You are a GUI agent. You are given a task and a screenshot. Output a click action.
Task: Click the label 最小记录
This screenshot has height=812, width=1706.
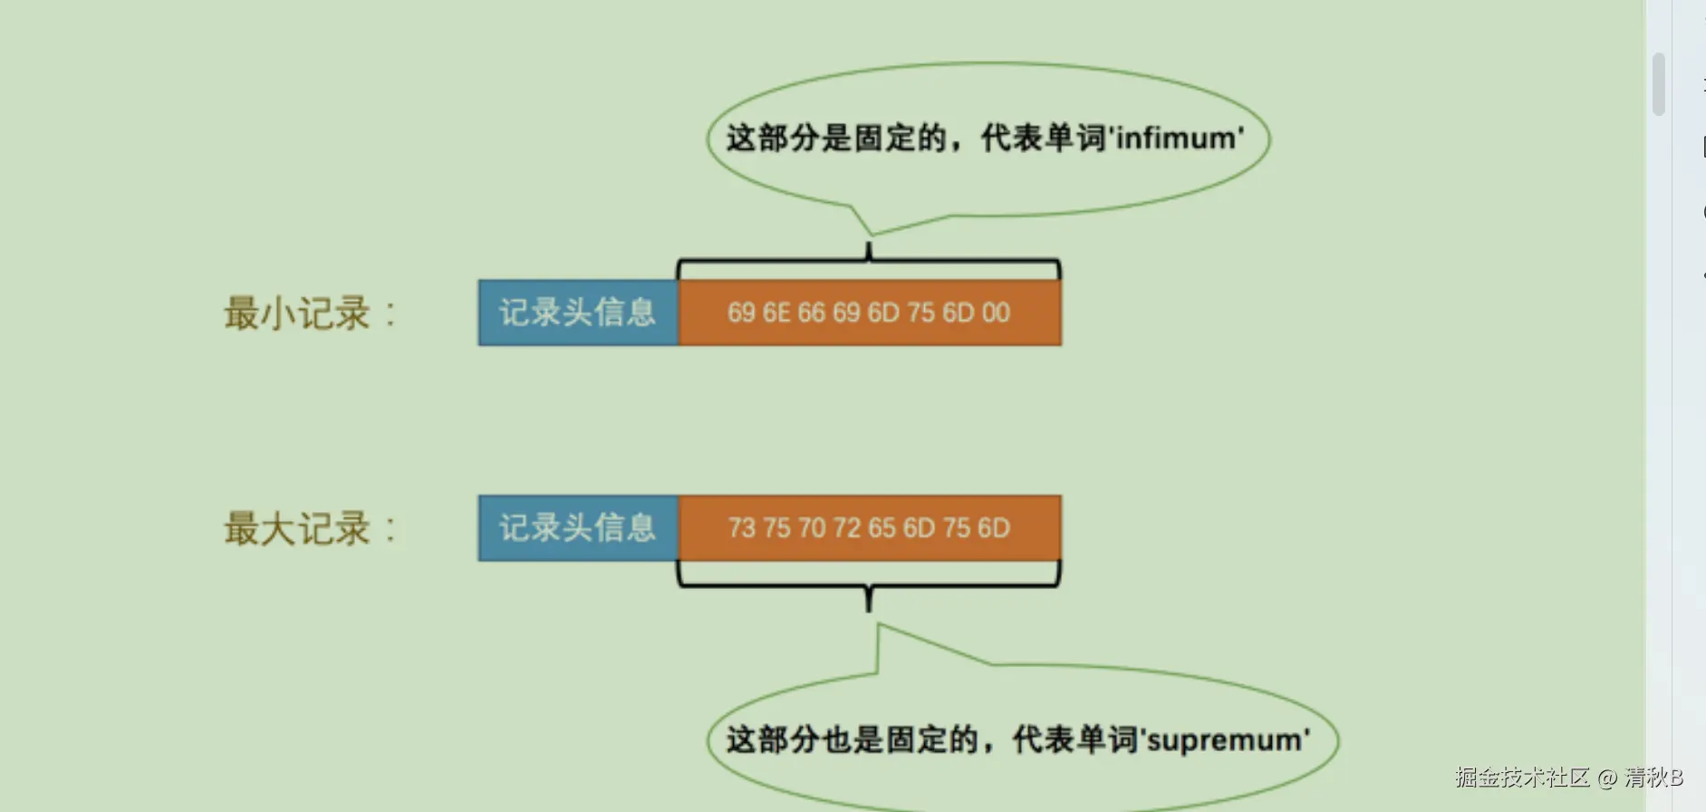pyautogui.click(x=297, y=314)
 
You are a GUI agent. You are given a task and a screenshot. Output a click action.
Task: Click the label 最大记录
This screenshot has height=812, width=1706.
pyautogui.click(x=297, y=528)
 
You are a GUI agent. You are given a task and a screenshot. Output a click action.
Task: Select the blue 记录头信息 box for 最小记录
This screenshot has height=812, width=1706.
pyautogui.click(x=577, y=313)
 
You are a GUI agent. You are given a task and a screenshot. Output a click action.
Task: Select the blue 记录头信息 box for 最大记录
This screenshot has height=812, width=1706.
pyautogui.click(x=577, y=527)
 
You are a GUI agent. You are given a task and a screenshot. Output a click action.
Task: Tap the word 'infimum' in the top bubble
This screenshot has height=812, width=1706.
pyautogui.click(x=1178, y=139)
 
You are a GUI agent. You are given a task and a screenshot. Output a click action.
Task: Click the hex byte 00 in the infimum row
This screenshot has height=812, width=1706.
pyautogui.click(x=996, y=313)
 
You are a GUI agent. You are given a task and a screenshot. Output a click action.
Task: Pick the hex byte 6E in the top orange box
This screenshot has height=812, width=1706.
pyautogui.click(x=776, y=313)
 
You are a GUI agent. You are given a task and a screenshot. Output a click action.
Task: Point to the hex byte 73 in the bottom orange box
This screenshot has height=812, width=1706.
pyautogui.click(x=741, y=527)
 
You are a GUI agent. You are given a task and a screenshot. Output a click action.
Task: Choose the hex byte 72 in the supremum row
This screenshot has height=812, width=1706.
pyautogui.click(x=847, y=527)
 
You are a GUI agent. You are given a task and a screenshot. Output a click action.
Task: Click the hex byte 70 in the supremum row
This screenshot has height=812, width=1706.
pyautogui.click(x=812, y=527)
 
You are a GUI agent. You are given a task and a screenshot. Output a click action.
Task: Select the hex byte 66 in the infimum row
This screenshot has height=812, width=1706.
pyautogui.click(x=812, y=313)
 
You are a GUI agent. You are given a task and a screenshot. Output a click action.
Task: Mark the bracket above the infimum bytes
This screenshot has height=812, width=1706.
pyautogui.click(x=868, y=263)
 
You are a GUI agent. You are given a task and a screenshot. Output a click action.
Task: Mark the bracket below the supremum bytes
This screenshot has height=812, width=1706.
pyautogui.click(x=868, y=584)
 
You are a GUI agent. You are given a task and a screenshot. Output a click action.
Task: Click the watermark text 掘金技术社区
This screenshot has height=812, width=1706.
pyautogui.click(x=1522, y=778)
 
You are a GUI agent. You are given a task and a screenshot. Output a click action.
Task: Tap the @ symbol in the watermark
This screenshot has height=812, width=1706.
pyautogui.click(x=1606, y=778)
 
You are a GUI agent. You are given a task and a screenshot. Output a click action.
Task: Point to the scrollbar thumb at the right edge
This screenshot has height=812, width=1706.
pyautogui.click(x=1659, y=84)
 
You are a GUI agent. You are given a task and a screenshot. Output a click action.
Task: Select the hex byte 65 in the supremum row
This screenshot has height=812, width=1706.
pyautogui.click(x=882, y=527)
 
